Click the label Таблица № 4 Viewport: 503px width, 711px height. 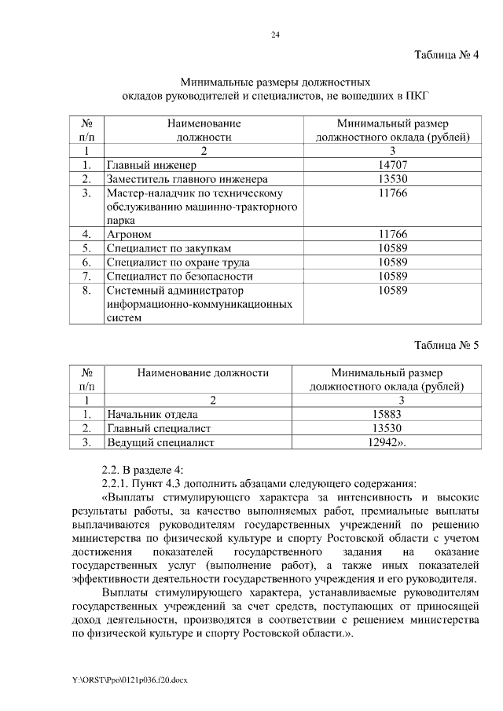tap(446, 54)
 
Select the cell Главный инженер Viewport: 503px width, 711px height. tap(151, 165)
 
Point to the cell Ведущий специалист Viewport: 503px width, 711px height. tap(160, 443)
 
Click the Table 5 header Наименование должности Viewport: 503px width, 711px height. tap(203, 372)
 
